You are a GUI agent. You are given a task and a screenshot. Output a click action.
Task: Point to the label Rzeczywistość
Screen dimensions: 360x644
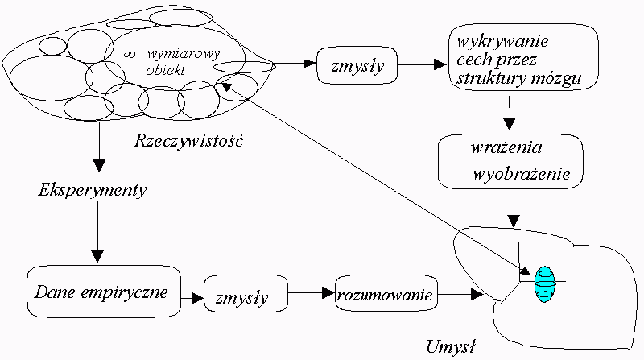click(x=189, y=142)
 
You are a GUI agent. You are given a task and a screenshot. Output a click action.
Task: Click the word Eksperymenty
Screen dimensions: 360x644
click(x=92, y=192)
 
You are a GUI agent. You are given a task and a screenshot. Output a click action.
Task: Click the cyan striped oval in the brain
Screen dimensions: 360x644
click(x=545, y=283)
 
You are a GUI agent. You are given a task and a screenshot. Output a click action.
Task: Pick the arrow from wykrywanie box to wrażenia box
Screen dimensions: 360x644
click(x=510, y=113)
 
